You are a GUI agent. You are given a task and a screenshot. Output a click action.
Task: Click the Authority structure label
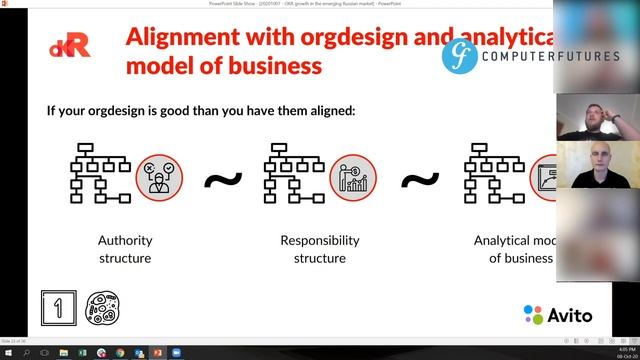click(x=124, y=249)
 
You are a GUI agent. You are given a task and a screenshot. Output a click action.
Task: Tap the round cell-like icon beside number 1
click(x=102, y=308)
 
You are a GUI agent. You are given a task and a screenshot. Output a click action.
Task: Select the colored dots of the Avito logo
click(x=533, y=314)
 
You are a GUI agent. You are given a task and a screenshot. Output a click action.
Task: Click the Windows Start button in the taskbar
click(x=8, y=352)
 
